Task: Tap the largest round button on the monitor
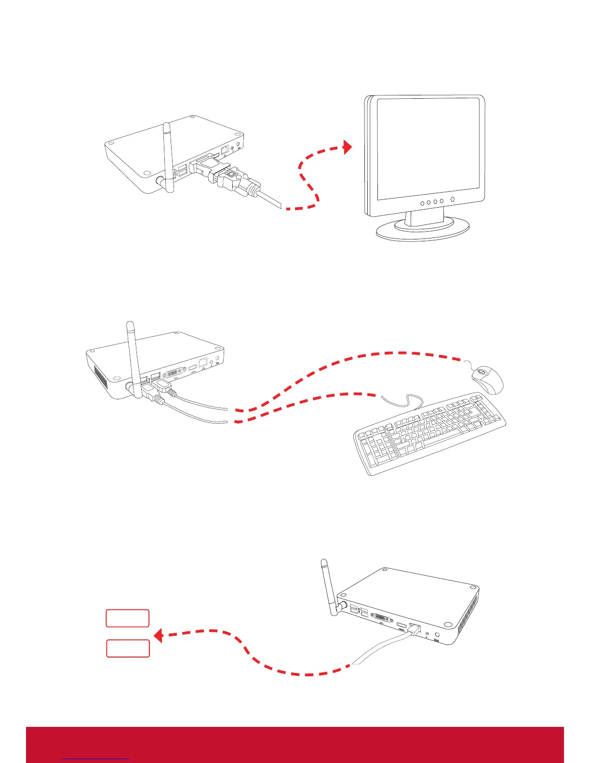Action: click(x=452, y=200)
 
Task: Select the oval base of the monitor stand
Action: click(x=422, y=230)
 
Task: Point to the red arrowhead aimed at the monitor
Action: click(x=348, y=147)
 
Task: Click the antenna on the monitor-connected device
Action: click(x=167, y=154)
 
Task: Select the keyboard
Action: click(x=429, y=434)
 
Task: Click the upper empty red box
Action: click(x=127, y=618)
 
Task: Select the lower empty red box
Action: click(x=128, y=648)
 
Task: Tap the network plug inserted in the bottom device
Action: click(x=413, y=629)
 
